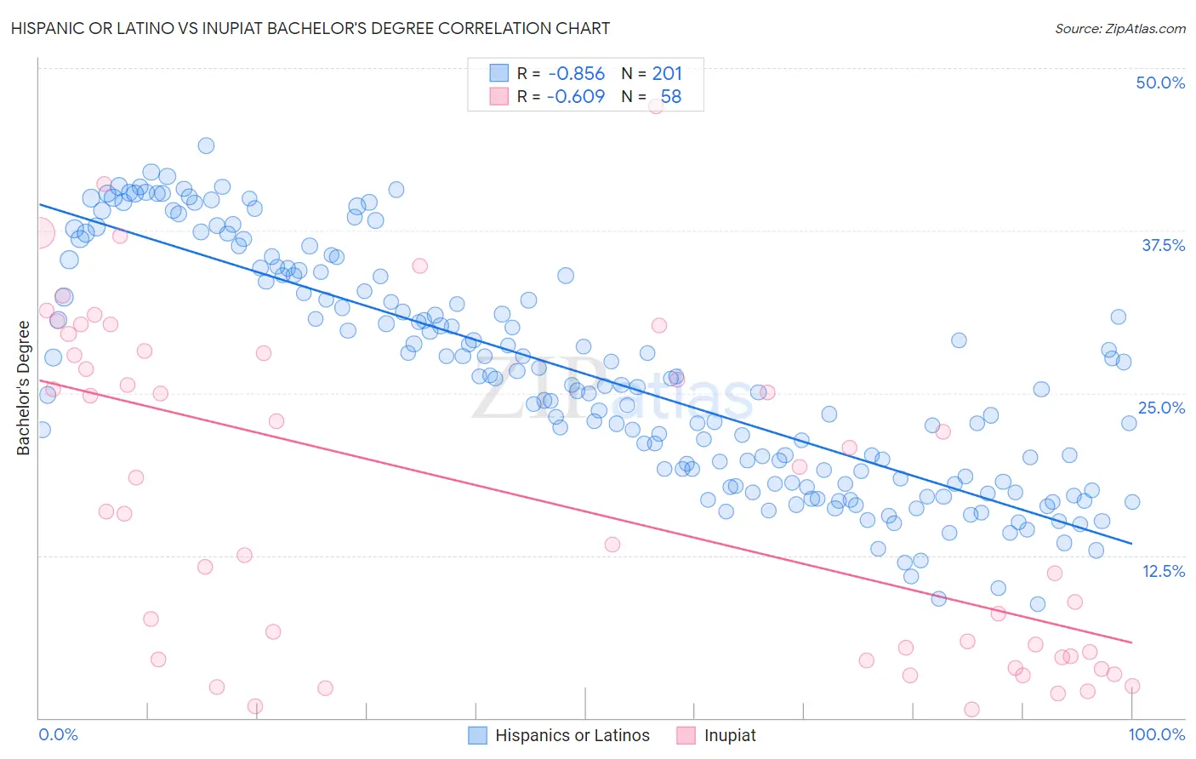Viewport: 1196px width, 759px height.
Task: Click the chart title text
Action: [x=310, y=28]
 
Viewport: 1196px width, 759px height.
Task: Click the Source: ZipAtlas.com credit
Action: [x=1119, y=28]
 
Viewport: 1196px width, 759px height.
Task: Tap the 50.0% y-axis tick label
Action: [x=1160, y=83]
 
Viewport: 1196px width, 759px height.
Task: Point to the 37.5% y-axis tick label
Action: [x=1163, y=245]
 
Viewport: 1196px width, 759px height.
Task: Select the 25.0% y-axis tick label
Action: [x=1161, y=408]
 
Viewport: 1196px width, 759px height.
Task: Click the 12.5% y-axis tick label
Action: [x=1163, y=571]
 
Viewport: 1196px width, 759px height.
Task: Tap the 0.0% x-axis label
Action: [x=59, y=734]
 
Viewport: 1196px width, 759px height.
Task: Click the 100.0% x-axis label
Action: [x=1157, y=734]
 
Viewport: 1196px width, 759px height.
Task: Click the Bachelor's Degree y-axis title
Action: [x=24, y=388]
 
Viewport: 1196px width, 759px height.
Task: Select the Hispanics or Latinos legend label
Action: [x=572, y=735]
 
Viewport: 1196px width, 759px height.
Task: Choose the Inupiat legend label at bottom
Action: [x=730, y=735]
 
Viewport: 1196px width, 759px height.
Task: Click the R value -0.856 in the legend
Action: [x=576, y=74]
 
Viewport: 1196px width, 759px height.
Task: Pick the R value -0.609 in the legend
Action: [x=576, y=97]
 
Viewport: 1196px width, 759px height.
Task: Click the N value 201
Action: [x=667, y=74]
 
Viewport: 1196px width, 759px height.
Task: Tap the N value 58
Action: [x=670, y=97]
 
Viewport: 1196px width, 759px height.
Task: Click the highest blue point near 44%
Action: [x=206, y=146]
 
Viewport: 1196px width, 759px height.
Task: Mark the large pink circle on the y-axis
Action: [x=39, y=232]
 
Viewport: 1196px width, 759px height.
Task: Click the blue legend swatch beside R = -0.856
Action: [x=498, y=73]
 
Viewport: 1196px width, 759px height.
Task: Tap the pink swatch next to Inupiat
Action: [x=686, y=735]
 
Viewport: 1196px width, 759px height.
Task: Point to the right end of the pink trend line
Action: [x=1132, y=642]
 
